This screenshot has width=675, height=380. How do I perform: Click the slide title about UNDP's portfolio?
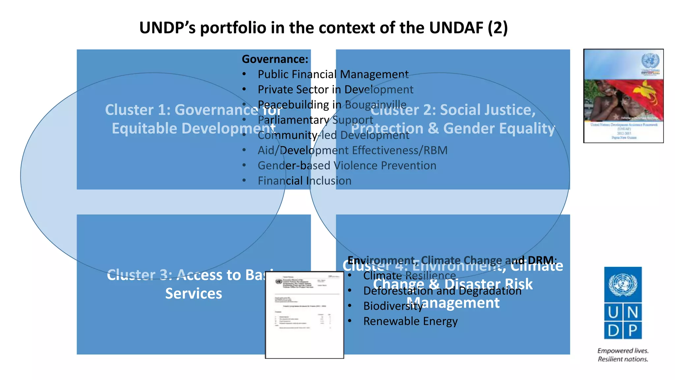coord(323,28)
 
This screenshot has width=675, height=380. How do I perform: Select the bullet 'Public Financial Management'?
coord(333,75)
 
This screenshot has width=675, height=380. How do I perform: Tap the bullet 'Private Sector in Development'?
coord(335,90)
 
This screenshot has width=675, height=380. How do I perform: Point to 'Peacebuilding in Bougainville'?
coord(332,105)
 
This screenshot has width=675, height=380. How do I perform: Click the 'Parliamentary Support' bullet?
coord(315,120)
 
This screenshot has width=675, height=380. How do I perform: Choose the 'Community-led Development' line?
coord(333,135)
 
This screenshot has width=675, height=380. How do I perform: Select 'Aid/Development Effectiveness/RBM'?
coord(352,150)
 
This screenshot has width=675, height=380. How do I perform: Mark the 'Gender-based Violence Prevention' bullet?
coord(347,166)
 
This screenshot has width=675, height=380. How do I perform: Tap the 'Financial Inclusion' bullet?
coord(304,181)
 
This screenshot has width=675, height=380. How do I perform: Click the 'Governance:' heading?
coord(275,59)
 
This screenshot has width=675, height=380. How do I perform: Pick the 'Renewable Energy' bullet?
coord(410,321)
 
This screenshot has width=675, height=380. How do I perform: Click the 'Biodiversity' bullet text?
coord(393,306)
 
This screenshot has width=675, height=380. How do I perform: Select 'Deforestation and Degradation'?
coord(442,291)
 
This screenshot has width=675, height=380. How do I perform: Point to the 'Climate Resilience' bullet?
coord(409,276)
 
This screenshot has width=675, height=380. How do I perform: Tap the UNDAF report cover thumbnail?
coord(623,96)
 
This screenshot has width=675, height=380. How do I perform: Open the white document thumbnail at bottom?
coord(304,315)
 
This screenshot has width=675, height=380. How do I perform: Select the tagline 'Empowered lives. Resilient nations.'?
coord(623,355)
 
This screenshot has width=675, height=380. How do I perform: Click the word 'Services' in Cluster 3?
coord(193,294)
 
